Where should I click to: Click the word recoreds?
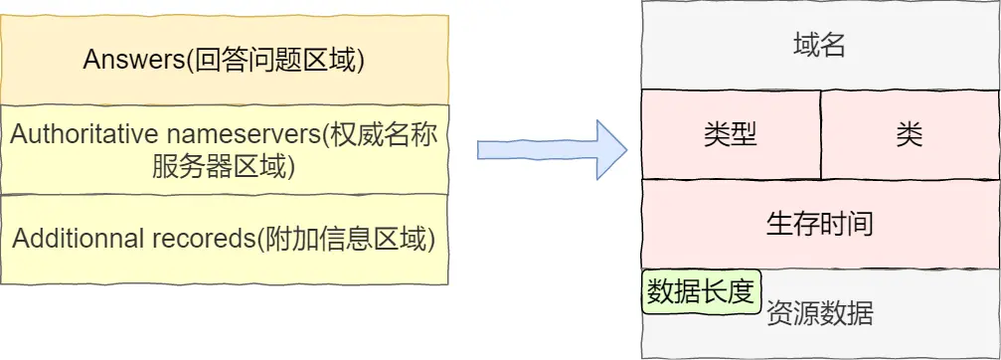click(x=203, y=239)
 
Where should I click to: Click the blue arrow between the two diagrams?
click(x=552, y=149)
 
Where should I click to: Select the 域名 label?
click(x=820, y=45)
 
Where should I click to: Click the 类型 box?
click(x=731, y=134)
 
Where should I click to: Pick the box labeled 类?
click(x=909, y=134)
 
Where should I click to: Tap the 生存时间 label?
click(x=820, y=223)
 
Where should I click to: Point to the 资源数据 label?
click(x=820, y=314)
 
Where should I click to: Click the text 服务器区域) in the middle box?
click(x=224, y=165)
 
